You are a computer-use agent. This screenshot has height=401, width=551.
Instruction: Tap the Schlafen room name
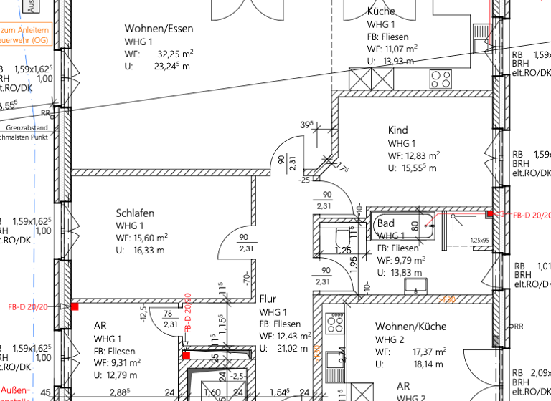(135, 213)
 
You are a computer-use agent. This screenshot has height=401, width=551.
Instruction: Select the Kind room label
(398, 130)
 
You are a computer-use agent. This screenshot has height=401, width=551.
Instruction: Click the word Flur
(268, 299)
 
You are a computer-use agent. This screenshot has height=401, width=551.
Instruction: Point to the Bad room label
(385, 224)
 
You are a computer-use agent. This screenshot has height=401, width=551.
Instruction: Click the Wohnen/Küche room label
(410, 327)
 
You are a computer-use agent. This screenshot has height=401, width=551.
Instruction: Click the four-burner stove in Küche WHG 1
(441, 77)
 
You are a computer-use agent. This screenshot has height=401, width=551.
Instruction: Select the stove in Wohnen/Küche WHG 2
(335, 324)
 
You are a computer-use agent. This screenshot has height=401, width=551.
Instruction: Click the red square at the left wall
(74, 306)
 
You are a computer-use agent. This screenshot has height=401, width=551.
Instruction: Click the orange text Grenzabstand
(27, 128)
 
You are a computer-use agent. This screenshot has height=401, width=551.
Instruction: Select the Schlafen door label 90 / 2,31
(245, 243)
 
